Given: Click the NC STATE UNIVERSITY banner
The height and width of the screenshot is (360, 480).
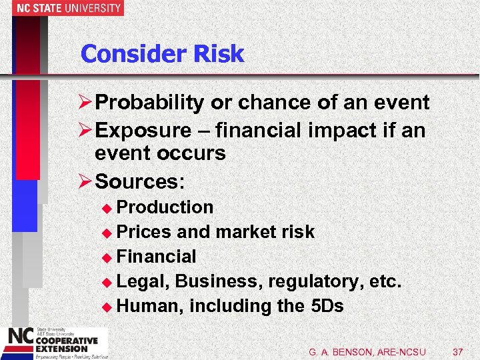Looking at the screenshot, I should tap(62, 8).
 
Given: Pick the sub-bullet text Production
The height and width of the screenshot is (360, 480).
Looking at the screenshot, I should tap(165, 207).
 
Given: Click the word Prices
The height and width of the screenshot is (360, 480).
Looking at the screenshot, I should tap(144, 232).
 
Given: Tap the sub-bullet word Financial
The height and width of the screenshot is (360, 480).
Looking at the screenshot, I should tap(156, 257).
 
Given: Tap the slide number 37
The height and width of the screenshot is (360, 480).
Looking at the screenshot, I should tap(457, 351).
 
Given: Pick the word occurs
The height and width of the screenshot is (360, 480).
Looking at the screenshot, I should tap(193, 154).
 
